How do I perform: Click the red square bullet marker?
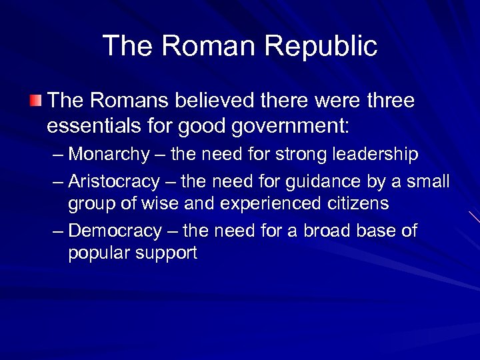pos(35,101)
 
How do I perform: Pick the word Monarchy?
pos(109,155)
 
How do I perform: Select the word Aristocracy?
pos(114,181)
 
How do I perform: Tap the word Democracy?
pos(115,231)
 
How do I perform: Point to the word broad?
pos(326,231)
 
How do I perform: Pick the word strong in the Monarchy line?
pos(299,155)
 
